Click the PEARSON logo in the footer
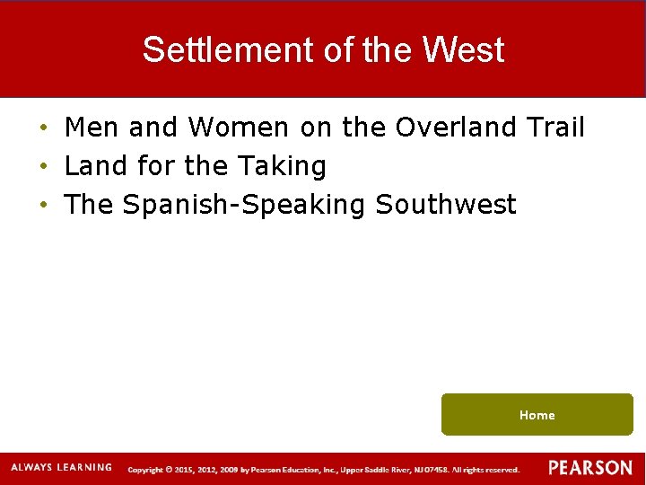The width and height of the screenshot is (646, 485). click(x=590, y=468)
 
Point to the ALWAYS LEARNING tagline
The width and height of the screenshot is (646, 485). click(x=61, y=467)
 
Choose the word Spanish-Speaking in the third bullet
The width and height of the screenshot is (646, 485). click(x=244, y=205)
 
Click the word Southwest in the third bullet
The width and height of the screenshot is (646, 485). click(x=446, y=205)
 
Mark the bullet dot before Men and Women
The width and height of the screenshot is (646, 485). click(x=43, y=128)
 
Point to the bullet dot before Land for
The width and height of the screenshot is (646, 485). click(x=43, y=167)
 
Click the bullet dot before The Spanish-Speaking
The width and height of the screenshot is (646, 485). click(x=43, y=206)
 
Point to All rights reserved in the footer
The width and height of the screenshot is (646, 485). click(x=485, y=470)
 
